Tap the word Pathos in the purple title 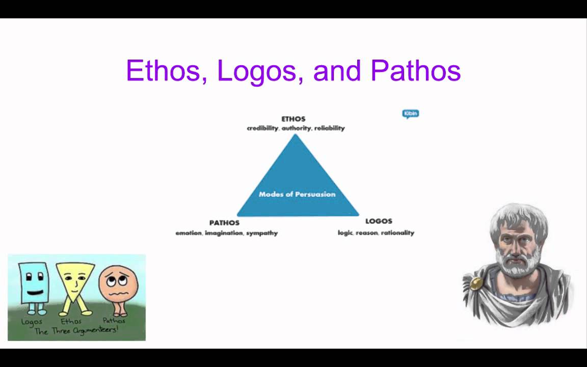click(x=416, y=70)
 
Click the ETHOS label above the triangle click(x=293, y=119)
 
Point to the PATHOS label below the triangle click(x=224, y=223)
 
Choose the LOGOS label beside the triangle click(x=379, y=221)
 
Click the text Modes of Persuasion click(x=297, y=194)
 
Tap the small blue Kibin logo click(x=411, y=113)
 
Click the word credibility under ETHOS click(x=262, y=128)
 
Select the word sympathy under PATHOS click(x=262, y=233)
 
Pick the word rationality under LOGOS click(x=397, y=233)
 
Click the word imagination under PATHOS click(x=223, y=233)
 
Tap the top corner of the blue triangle click(x=295, y=136)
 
